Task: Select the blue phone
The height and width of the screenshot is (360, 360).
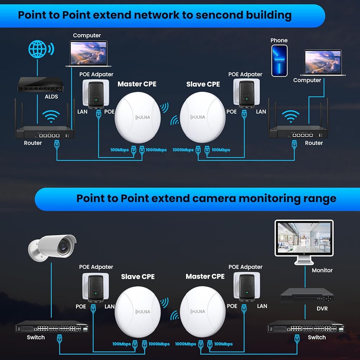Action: [279, 60]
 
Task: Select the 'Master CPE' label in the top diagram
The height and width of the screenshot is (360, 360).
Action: [137, 84]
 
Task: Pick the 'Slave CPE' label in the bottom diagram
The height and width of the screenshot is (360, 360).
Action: [138, 276]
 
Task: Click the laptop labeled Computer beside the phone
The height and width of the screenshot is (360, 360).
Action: [323, 63]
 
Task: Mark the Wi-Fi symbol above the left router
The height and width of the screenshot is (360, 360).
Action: [51, 117]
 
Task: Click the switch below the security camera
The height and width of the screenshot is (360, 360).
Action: [52, 328]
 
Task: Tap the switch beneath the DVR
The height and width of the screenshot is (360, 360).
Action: [306, 328]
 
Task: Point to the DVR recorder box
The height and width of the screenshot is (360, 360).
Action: [307, 295]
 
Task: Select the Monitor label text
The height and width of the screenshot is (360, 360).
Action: [322, 270]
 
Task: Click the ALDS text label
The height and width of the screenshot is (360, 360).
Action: [51, 96]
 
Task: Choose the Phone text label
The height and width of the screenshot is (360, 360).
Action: [279, 40]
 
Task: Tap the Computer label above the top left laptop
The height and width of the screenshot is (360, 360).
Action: [87, 35]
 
